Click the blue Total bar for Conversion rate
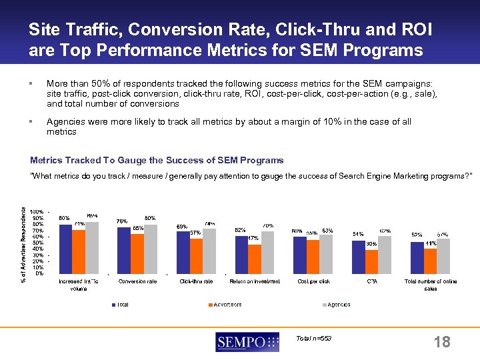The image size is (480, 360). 123,251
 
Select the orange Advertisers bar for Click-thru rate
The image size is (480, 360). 196,256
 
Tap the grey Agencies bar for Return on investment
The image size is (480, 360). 267,253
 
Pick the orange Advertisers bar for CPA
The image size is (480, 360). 371,261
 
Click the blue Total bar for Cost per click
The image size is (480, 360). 299,255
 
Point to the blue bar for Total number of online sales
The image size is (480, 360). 417,258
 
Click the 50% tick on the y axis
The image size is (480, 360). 39,243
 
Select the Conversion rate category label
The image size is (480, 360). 137,281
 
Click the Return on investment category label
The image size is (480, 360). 254,281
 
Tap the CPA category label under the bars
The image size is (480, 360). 372,281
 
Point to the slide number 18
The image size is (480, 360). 441,343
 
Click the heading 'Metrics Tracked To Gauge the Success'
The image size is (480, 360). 157,160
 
